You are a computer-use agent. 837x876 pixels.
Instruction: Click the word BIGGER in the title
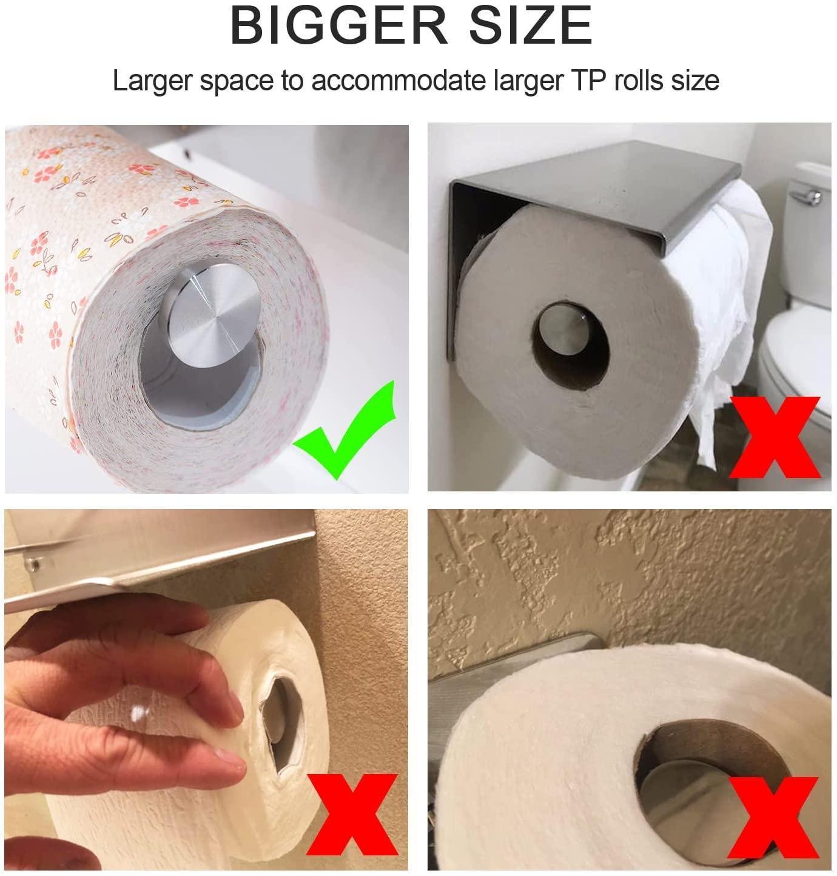(x=338, y=25)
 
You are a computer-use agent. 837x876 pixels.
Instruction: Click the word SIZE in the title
(x=531, y=25)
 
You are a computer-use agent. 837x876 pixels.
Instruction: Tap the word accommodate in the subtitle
(x=399, y=81)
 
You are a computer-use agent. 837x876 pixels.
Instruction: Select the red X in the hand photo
(x=352, y=814)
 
